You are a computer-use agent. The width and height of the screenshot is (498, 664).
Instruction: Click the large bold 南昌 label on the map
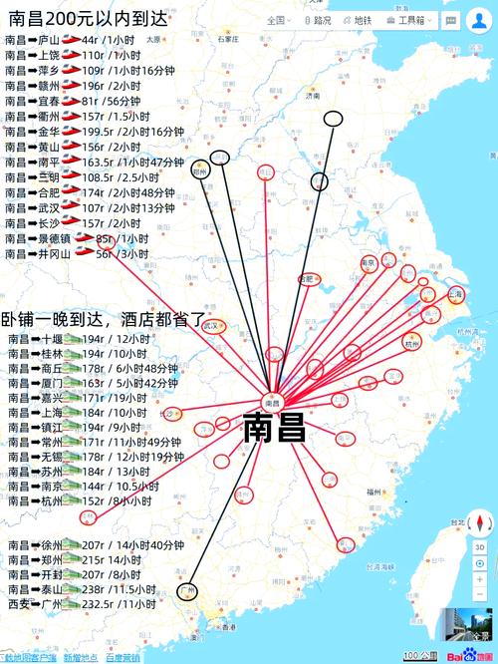click(x=274, y=427)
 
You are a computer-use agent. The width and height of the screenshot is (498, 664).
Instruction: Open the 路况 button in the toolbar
click(x=318, y=19)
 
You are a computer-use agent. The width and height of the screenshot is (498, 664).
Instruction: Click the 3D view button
click(x=480, y=547)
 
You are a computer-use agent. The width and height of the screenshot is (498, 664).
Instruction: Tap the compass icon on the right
click(x=480, y=523)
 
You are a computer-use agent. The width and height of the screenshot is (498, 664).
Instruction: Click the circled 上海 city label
click(x=456, y=295)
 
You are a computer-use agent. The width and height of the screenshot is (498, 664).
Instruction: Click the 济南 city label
click(x=313, y=97)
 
